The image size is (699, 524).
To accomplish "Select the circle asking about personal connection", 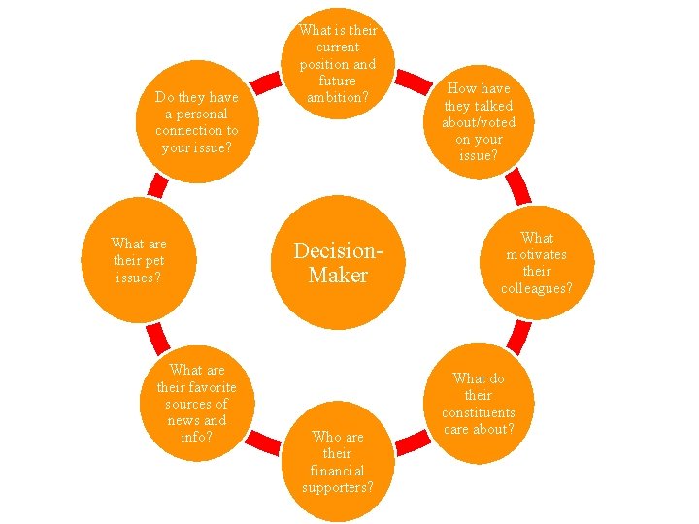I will tap(197, 122).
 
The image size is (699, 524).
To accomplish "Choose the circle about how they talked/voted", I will tap(479, 121).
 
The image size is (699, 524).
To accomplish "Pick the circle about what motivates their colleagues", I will tap(536, 262).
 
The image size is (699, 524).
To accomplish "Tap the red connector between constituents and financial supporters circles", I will tap(415, 442).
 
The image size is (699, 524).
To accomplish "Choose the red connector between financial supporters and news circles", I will tap(260, 442).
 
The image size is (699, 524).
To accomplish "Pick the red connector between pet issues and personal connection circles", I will tap(154, 185).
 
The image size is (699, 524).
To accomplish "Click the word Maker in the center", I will tap(338, 276).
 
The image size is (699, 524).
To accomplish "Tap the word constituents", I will tap(479, 412).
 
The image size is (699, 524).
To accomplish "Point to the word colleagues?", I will tap(536, 287).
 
